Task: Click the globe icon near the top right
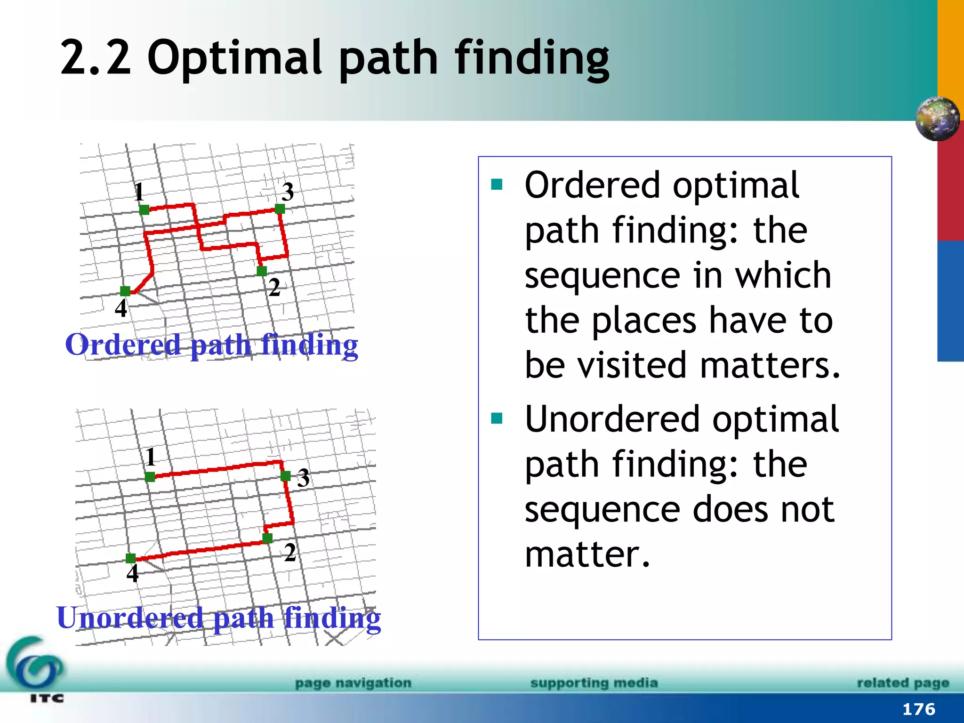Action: [937, 119]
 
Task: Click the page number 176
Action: [918, 709]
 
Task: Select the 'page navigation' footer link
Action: [353, 683]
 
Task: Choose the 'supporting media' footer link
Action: [594, 683]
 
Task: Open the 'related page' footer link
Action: [902, 683]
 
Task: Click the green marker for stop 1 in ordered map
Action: [144, 210]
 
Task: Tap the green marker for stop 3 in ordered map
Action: [280, 209]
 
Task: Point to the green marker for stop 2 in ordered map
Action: [262, 271]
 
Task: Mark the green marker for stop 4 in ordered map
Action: [125, 291]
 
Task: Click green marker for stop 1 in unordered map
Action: [150, 477]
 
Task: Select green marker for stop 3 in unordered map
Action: [285, 476]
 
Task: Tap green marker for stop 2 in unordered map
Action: [267, 538]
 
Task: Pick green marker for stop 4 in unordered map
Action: [131, 559]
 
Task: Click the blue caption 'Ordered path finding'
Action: [211, 345]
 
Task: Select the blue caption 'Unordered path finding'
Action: [218, 618]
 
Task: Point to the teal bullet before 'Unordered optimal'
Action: [497, 418]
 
